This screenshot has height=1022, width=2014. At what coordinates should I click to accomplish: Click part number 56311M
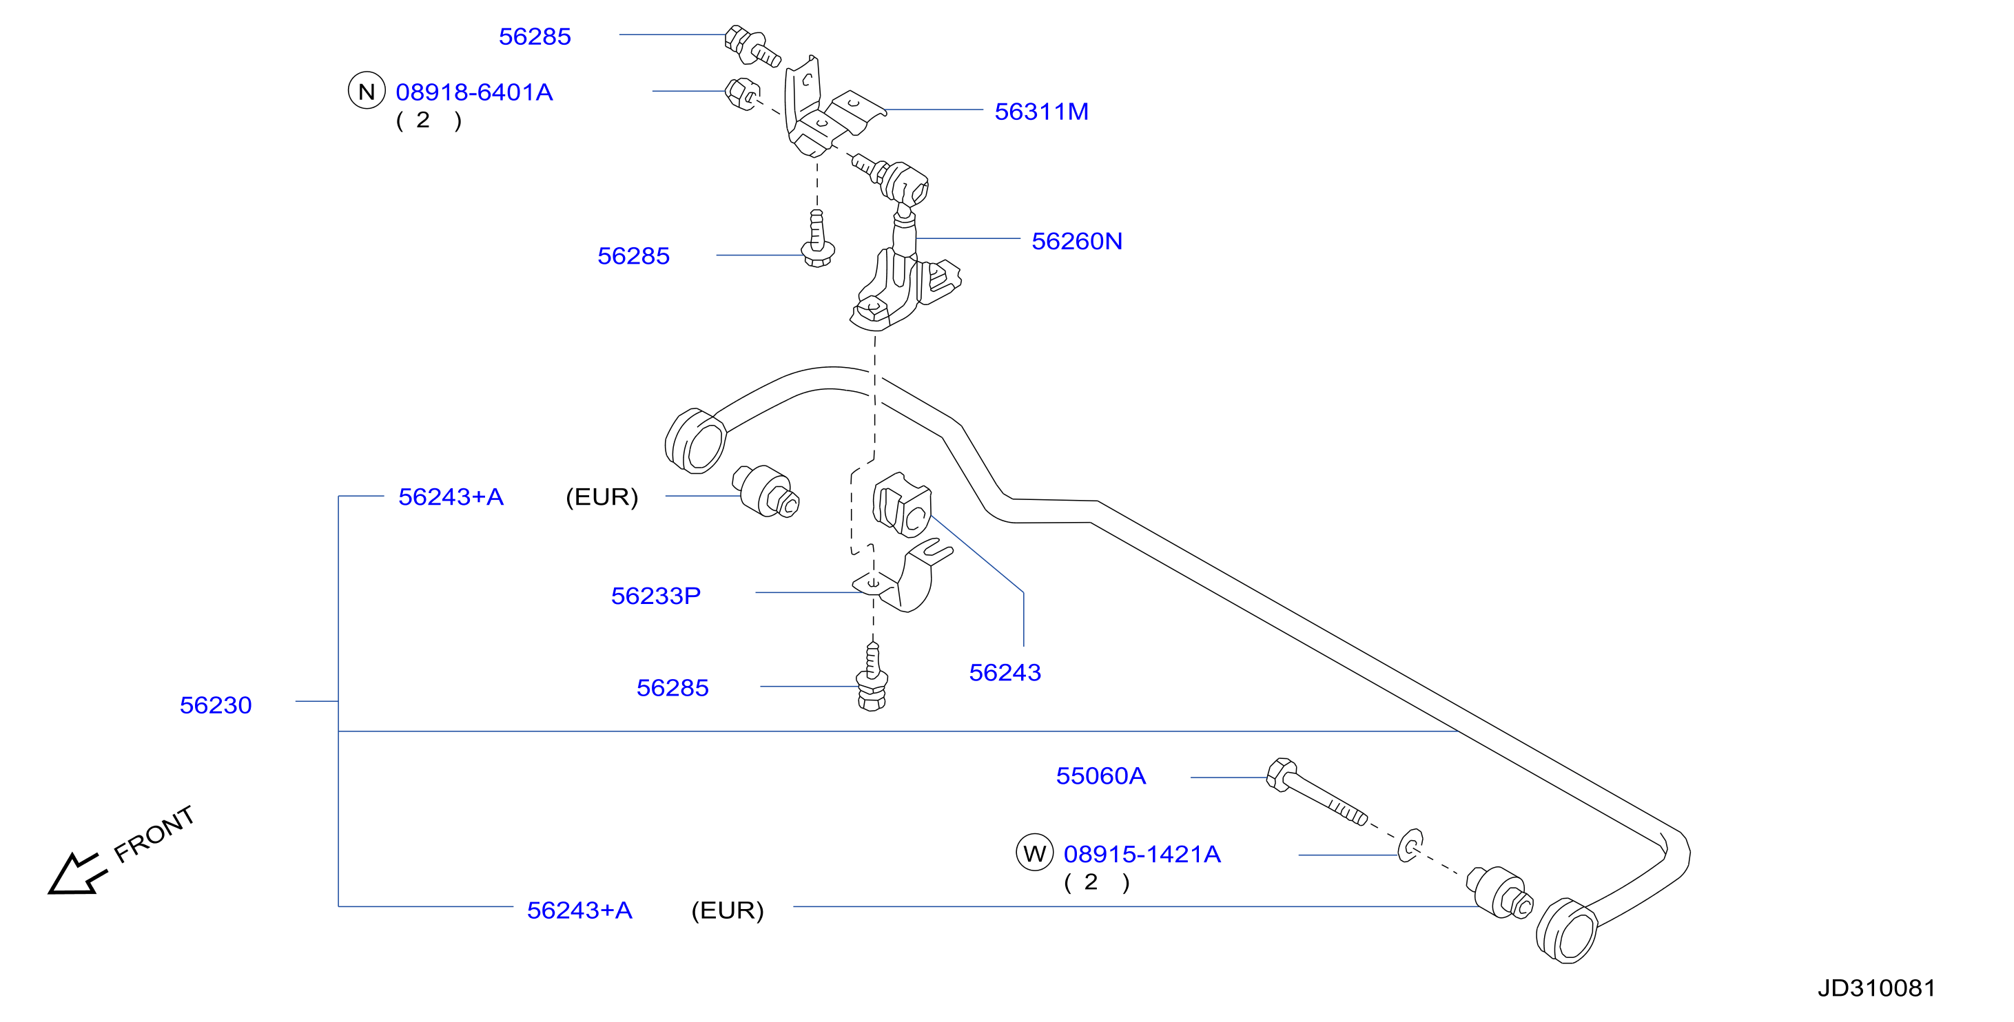[x=1040, y=112]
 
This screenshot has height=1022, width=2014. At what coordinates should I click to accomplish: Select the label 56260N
[x=1076, y=242]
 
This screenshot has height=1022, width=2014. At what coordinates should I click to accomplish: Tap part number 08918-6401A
[x=474, y=92]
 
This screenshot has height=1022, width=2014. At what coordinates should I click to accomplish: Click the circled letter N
[x=367, y=92]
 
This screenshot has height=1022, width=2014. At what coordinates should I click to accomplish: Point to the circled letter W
[x=1034, y=853]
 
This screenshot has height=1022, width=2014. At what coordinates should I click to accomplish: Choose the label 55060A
[x=1101, y=776]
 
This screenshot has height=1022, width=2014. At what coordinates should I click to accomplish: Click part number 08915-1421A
[x=1142, y=854]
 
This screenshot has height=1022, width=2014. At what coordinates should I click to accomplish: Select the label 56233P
[x=655, y=596]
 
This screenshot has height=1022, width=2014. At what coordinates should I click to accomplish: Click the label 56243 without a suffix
[x=1005, y=673]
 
